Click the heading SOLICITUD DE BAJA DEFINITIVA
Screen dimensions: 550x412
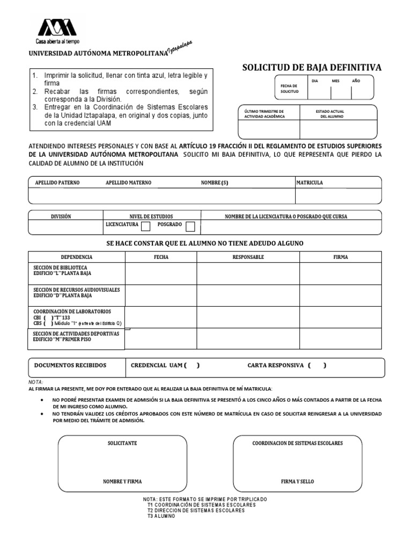tap(312, 67)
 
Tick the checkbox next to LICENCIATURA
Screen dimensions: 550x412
tap(145, 226)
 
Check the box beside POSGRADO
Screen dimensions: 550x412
tap(190, 226)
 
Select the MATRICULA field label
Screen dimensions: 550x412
tap(310, 183)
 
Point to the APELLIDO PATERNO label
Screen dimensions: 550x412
tap(57, 183)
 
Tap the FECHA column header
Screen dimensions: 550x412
tap(161, 257)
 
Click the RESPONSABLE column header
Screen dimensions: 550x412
tap(248, 257)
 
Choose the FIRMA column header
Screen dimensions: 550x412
tap(341, 257)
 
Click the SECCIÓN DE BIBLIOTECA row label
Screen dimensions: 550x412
tap(60, 270)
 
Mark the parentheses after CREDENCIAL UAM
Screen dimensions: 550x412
tap(192, 366)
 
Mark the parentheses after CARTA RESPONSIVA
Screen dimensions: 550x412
tap(317, 366)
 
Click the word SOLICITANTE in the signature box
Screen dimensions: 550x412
tap(122, 443)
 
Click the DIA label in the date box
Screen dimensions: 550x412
tap(315, 81)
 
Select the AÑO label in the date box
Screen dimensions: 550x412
tap(356, 81)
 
